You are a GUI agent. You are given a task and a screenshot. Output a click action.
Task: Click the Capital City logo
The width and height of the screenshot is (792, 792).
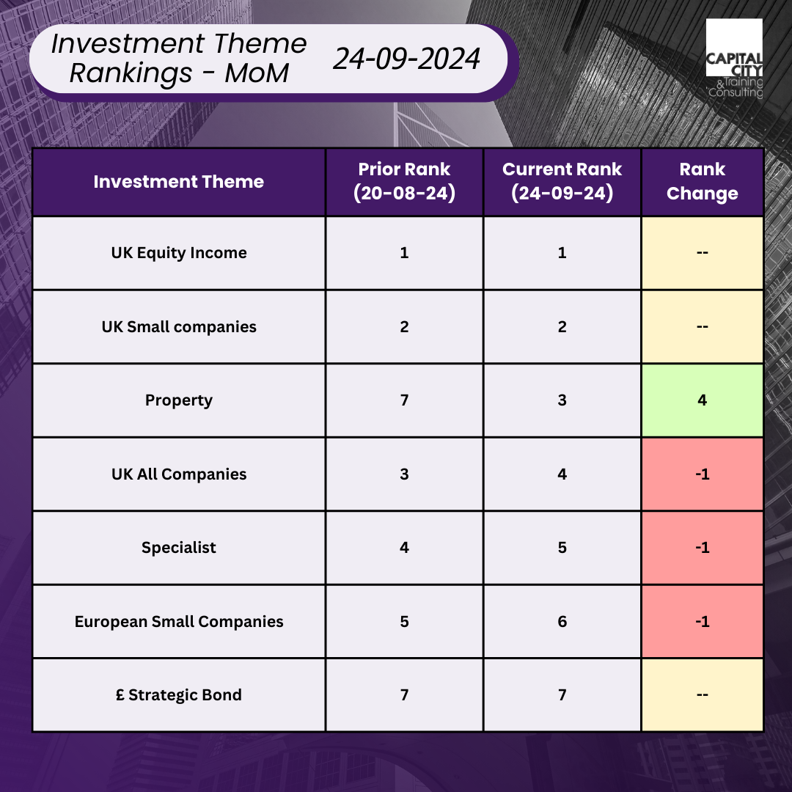coord(734,59)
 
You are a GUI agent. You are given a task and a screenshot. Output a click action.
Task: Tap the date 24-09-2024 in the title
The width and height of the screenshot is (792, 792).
coord(406,59)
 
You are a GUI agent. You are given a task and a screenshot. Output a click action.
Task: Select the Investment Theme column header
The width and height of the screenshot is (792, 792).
coord(179,182)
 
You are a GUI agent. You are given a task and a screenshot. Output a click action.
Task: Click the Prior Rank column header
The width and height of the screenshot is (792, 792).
coord(404,181)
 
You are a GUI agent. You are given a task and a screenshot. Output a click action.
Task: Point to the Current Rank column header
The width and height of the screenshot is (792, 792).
coord(562,181)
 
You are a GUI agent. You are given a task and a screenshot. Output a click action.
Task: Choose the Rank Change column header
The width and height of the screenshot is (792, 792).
coord(702,181)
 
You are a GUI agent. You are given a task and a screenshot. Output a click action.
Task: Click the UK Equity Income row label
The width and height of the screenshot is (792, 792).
coord(179,252)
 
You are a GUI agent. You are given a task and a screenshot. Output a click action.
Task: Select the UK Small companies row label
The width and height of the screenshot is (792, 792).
coord(179,327)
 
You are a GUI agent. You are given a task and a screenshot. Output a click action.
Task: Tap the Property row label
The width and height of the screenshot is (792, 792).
coord(179,400)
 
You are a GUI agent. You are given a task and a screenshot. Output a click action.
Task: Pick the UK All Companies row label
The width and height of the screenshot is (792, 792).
coord(179,474)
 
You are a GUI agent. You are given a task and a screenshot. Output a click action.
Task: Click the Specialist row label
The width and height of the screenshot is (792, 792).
coord(179,548)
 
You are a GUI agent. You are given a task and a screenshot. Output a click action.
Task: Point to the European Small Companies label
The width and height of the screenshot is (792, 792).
coord(179,621)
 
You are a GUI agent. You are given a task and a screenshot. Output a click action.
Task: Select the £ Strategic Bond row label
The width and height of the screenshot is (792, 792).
coord(179,695)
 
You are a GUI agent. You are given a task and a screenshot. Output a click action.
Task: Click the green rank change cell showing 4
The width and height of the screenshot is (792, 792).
coord(702,400)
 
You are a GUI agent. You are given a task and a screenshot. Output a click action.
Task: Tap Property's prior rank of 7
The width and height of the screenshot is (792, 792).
coord(404,400)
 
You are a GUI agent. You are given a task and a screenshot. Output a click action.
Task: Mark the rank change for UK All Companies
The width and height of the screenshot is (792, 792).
coord(702,474)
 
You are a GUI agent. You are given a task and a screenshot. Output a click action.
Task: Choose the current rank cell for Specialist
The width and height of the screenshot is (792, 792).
coord(562,548)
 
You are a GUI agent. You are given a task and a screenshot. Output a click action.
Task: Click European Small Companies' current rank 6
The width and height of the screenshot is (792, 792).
coord(562,622)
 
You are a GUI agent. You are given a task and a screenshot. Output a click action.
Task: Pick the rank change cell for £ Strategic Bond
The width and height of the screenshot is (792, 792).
coord(702,695)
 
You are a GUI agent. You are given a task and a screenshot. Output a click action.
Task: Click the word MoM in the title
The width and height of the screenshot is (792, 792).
coord(257,73)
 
